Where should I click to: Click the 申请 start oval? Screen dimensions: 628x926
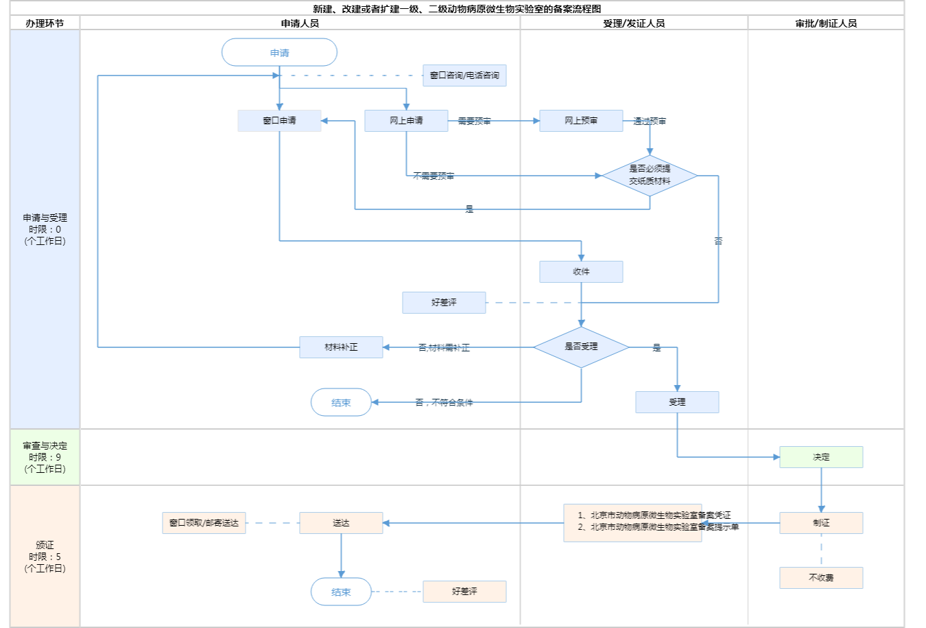click(x=279, y=53)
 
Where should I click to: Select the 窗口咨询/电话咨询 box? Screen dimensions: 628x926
click(x=464, y=75)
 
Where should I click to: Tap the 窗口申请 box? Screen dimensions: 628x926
click(x=279, y=121)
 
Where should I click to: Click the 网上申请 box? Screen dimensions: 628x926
click(x=406, y=121)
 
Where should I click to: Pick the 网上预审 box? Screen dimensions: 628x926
click(x=581, y=121)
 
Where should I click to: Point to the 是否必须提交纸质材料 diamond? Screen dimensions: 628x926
click(x=650, y=175)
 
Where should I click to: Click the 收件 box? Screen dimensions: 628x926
click(x=581, y=272)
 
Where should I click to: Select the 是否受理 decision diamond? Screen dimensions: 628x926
click(x=581, y=347)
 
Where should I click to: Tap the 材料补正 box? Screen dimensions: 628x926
click(x=341, y=347)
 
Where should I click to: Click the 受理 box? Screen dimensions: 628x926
click(x=677, y=402)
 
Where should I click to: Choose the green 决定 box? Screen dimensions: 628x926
click(x=821, y=457)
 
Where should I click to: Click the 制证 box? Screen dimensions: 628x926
click(x=821, y=523)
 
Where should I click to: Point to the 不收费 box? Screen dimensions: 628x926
click(x=821, y=578)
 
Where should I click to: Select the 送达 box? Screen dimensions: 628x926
click(x=341, y=523)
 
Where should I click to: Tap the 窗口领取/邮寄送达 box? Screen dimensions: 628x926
click(x=204, y=523)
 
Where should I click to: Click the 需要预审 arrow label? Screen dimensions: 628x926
click(x=474, y=121)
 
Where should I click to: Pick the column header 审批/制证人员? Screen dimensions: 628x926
click(x=826, y=23)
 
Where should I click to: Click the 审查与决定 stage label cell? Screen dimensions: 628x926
click(x=45, y=457)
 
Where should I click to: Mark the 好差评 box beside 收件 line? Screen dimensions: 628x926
click(x=444, y=303)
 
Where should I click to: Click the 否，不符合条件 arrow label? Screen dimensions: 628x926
click(x=444, y=403)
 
